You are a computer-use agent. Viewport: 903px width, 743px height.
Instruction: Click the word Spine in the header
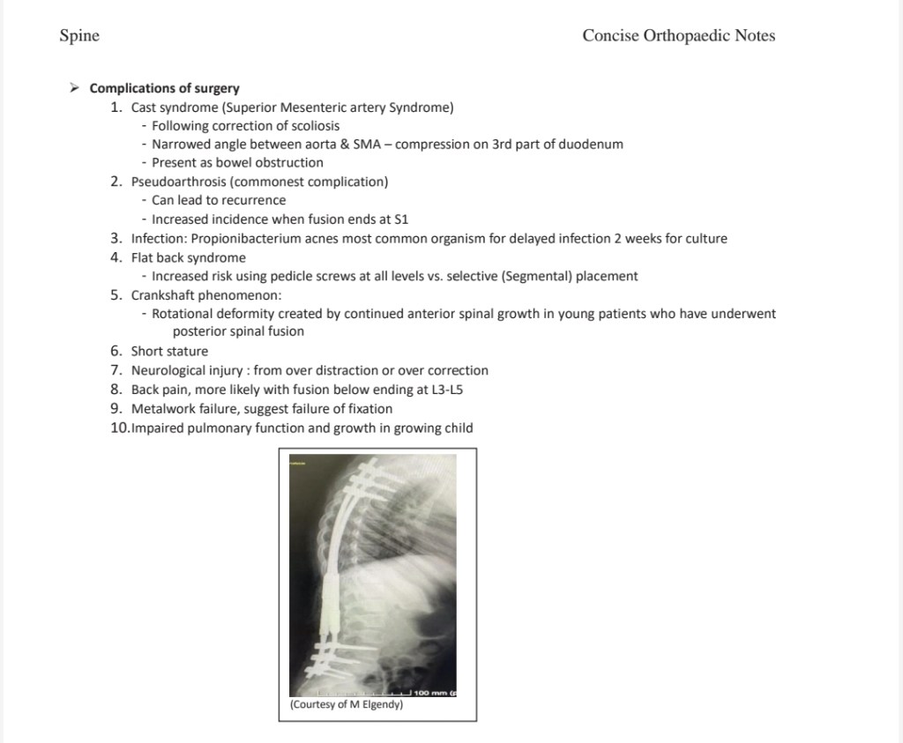(79, 36)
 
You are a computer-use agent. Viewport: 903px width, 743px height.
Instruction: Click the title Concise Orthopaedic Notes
(678, 36)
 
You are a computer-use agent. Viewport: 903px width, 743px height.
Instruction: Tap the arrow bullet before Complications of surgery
(75, 88)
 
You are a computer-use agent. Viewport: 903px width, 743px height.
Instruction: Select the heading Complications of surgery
(164, 88)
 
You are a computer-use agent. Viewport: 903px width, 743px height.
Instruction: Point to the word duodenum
(595, 144)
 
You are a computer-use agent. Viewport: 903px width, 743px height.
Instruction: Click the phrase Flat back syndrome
(188, 257)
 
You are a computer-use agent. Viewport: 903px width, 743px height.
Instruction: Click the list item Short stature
(169, 351)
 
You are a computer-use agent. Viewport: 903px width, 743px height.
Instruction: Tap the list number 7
(116, 370)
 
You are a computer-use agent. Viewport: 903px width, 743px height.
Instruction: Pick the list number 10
(119, 428)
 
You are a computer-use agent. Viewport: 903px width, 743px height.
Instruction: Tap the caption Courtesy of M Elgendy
(346, 705)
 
